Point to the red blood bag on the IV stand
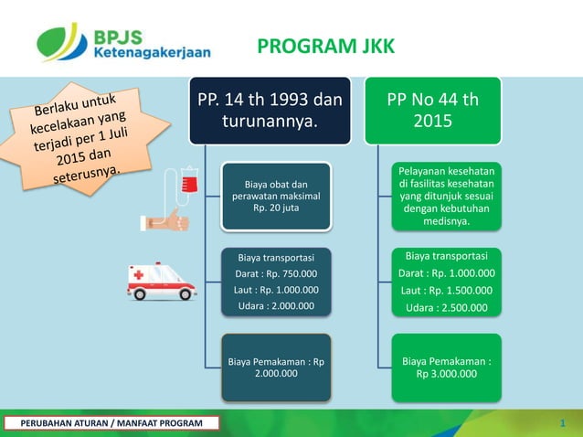click(x=189, y=182)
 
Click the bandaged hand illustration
click(x=164, y=221)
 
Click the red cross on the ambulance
click(x=138, y=274)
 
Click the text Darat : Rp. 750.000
click(x=276, y=272)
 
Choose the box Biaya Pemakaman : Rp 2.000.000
click(x=276, y=368)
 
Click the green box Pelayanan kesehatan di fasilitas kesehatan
click(x=447, y=196)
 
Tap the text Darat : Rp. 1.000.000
click(x=447, y=272)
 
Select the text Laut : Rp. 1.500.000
click(x=447, y=291)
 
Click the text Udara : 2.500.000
click(x=447, y=308)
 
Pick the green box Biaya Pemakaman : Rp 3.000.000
click(x=447, y=368)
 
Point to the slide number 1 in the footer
click(x=564, y=422)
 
